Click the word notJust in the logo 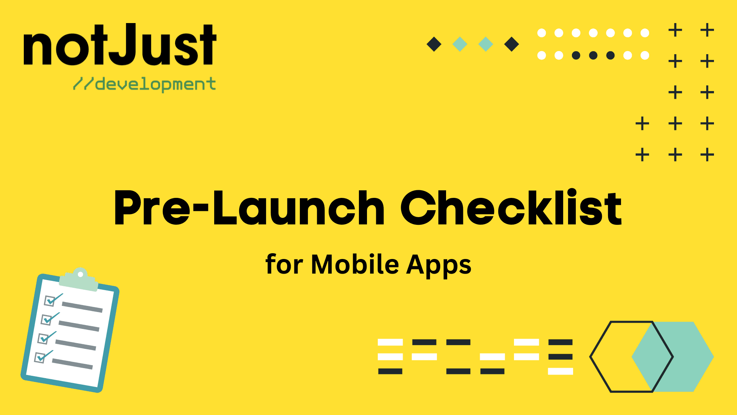(x=120, y=45)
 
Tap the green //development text (x=145, y=84)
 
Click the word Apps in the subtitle (x=439, y=265)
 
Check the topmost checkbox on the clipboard (x=50, y=300)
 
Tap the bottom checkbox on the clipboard (x=40, y=357)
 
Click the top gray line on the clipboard (x=82, y=307)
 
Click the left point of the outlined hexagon (x=591, y=357)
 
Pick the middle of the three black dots (x=593, y=56)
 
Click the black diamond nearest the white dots (x=511, y=44)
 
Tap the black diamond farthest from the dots (x=434, y=44)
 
